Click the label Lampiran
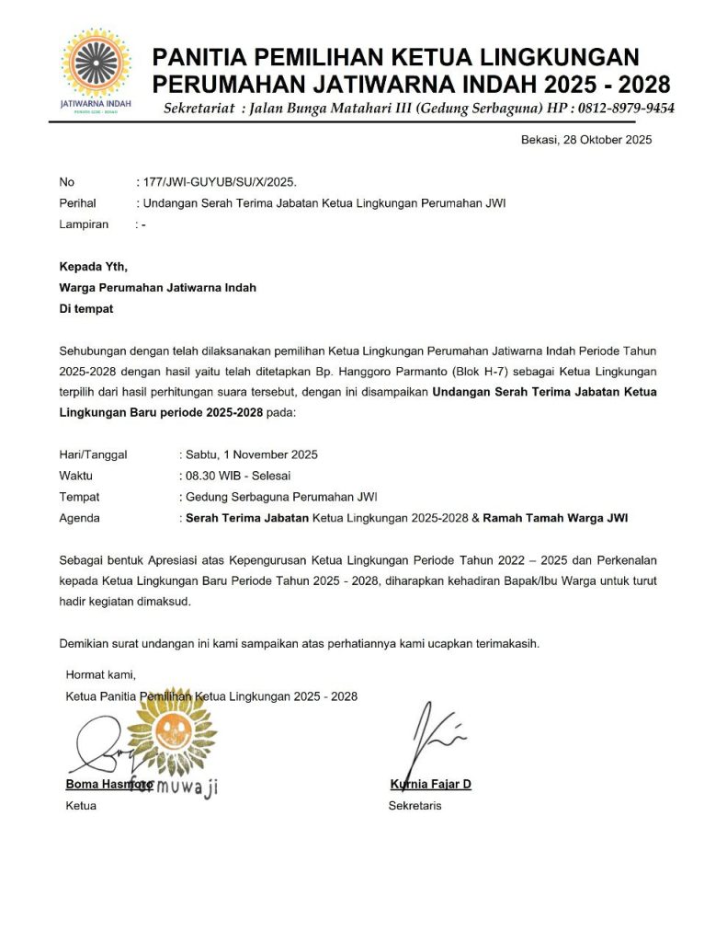point(84,224)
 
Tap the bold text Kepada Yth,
point(94,267)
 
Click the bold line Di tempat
point(86,309)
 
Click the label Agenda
point(80,518)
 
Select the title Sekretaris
point(415,806)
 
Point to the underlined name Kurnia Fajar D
point(430,785)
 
